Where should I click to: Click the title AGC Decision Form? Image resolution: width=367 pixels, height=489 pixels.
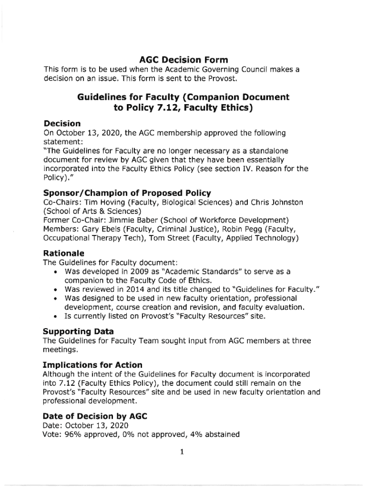point(183,60)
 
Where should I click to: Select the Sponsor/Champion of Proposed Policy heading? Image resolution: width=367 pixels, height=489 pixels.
point(127,193)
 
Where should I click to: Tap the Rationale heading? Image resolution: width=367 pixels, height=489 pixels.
point(63,253)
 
